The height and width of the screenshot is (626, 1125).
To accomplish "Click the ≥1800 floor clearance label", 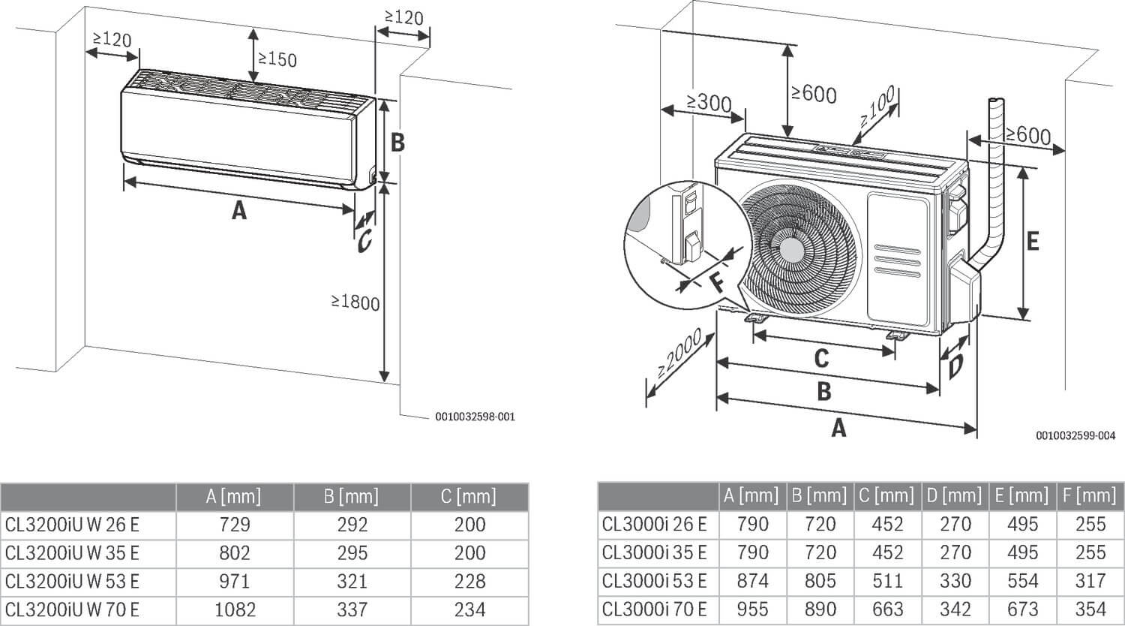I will [x=356, y=302].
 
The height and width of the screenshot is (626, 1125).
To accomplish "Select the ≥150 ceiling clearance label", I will [x=277, y=59].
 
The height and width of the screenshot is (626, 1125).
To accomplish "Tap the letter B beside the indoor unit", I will [x=397, y=142].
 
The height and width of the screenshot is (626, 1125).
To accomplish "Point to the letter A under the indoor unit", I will [x=238, y=211].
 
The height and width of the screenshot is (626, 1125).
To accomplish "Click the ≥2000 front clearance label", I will [x=679, y=353].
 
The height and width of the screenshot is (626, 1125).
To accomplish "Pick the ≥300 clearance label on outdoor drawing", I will [x=708, y=101].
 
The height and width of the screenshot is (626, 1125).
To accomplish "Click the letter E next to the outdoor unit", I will [x=1032, y=241].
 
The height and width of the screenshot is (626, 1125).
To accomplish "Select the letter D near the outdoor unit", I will [x=955, y=368].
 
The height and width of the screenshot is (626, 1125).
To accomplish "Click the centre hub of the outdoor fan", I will [x=790, y=250].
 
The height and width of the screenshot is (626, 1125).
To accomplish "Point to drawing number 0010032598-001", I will [x=475, y=417].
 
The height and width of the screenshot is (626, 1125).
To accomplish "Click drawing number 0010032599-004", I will [x=1075, y=435].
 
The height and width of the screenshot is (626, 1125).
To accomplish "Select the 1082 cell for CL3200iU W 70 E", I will [x=234, y=609].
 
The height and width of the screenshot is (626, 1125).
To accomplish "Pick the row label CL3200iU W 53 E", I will [x=72, y=581].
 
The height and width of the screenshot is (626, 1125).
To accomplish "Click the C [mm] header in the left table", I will [x=469, y=496].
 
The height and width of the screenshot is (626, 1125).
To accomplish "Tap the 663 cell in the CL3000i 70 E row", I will [x=887, y=609].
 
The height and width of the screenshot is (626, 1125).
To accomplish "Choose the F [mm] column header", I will [x=1090, y=495].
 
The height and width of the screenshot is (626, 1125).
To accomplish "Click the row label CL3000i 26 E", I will [x=654, y=524].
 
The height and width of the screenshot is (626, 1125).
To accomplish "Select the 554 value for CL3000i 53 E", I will [x=1022, y=580].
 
